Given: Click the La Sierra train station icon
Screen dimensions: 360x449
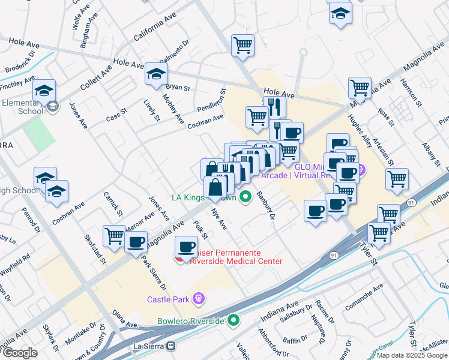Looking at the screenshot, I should (171, 346).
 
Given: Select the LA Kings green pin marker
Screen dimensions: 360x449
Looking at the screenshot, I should (245, 197).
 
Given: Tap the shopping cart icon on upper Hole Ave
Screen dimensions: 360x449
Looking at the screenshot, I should (243, 45).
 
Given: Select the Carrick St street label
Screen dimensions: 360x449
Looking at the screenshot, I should (113, 204).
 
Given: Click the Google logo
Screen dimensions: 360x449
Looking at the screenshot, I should (20, 353).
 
